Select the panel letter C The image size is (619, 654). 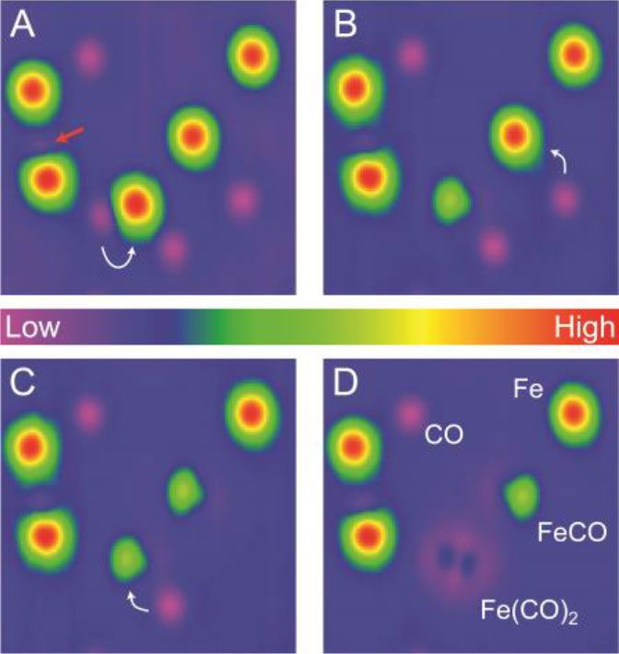point(22,382)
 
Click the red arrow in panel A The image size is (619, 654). point(68,136)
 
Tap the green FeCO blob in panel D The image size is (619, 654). point(522,496)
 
